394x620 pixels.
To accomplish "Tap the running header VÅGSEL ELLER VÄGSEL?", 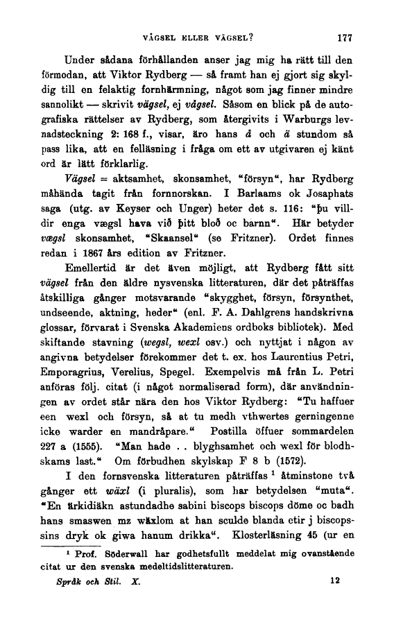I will pos(196,39).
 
